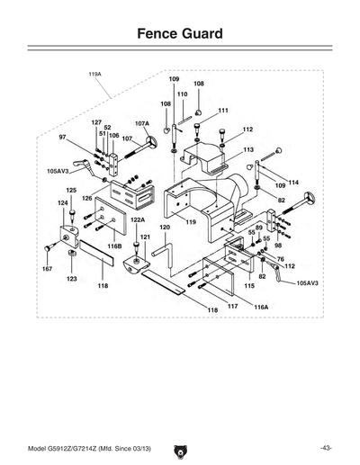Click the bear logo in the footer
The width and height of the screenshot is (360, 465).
click(179, 446)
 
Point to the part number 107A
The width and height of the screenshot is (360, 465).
click(142, 123)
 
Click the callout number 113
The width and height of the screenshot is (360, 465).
click(247, 149)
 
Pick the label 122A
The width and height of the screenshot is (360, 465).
click(138, 219)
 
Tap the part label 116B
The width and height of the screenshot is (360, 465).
click(114, 245)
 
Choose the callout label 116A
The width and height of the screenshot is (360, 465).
click(261, 307)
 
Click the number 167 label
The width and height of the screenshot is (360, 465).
click(47, 269)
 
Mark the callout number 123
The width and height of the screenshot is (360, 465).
click(70, 280)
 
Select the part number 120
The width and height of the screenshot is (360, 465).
click(165, 228)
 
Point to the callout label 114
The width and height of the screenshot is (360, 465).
click(292, 183)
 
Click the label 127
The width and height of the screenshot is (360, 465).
click(96, 121)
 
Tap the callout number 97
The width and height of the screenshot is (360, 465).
click(63, 137)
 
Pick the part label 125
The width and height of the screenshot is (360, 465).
click(71, 190)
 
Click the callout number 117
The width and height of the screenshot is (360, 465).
click(232, 306)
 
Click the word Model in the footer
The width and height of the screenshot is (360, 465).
click(43, 447)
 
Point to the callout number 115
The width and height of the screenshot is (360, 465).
click(249, 285)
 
